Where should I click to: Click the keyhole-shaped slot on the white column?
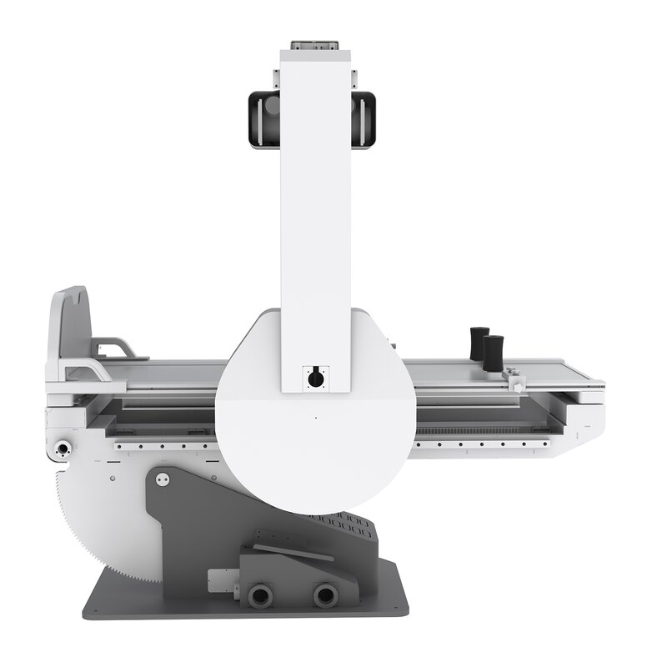(x=315, y=378)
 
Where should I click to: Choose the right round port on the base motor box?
(x=323, y=594)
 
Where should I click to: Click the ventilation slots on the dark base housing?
(x=342, y=525)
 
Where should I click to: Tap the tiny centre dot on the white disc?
(x=315, y=418)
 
